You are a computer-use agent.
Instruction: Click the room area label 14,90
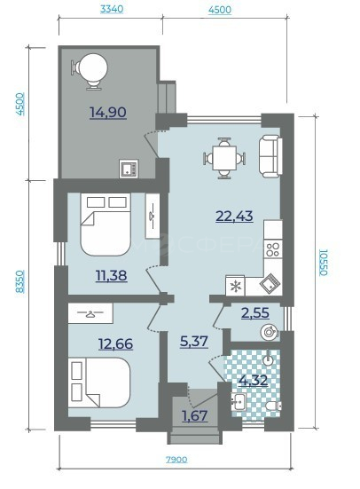tap(108, 113)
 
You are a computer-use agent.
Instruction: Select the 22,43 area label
tap(234, 216)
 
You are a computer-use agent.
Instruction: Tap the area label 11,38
tap(112, 276)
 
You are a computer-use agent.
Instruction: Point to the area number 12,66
tap(115, 343)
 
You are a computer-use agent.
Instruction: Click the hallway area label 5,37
tap(194, 342)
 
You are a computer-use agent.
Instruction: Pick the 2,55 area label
tap(255, 312)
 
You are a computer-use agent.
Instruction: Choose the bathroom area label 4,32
tap(253, 380)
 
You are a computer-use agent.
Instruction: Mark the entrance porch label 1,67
tap(195, 415)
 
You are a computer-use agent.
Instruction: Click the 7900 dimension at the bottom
tap(176, 460)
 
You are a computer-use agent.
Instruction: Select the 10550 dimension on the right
tap(324, 263)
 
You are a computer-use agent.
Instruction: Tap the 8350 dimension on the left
tap(20, 281)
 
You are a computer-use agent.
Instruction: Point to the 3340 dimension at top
tap(112, 9)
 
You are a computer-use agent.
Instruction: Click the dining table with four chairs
tap(224, 158)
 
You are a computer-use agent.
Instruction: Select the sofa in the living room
tap(270, 156)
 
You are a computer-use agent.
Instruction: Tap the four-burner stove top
tap(273, 249)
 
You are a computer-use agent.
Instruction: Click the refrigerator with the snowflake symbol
tap(235, 286)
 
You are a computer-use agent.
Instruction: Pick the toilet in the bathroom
tap(274, 406)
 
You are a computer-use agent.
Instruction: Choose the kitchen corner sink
tap(270, 283)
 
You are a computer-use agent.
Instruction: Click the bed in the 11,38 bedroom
tap(106, 225)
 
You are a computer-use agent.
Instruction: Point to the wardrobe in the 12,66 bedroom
tap(90, 312)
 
